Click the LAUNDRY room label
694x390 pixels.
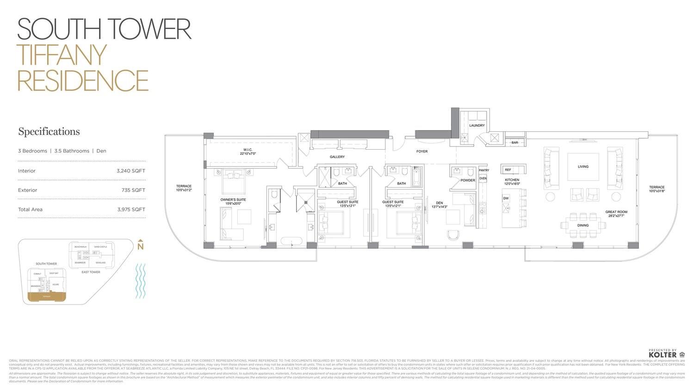[477, 126]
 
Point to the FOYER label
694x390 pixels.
[421, 152]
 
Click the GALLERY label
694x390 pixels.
[337, 157]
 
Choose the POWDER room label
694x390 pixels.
[468, 181]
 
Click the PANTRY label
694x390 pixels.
[483, 171]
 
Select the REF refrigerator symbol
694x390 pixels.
[508, 170]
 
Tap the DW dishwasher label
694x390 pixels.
[506, 198]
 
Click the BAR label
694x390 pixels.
[514, 143]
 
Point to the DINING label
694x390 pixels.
[583, 225]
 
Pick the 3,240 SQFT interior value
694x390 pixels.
[131, 171]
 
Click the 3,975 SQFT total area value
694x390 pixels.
[131, 210]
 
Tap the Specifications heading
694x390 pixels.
[49, 132]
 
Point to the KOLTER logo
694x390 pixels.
[663, 355]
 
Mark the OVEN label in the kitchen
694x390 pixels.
[483, 178]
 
